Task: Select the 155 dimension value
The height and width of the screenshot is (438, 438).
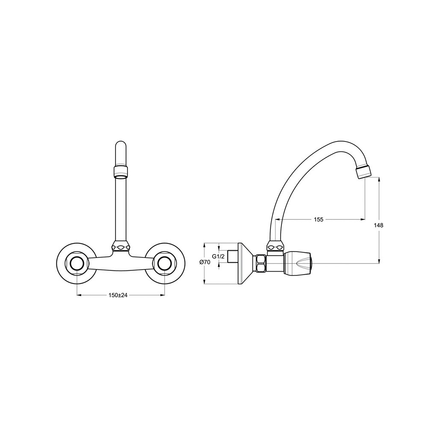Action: pyautogui.click(x=318, y=219)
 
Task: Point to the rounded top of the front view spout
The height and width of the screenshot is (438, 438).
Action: pyautogui.click(x=121, y=146)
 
